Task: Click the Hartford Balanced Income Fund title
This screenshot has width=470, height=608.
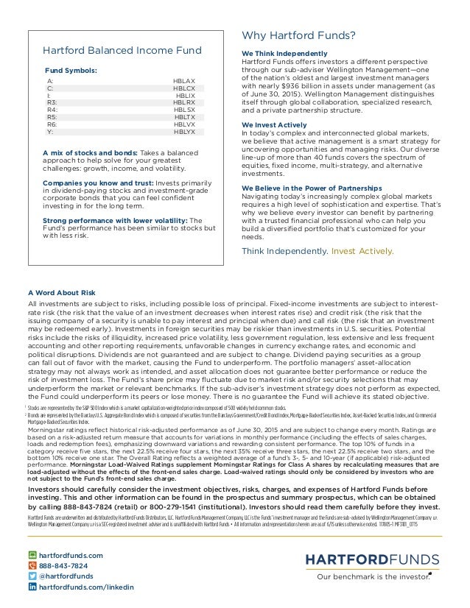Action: (x=122, y=50)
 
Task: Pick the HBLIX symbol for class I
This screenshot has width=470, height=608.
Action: (x=185, y=96)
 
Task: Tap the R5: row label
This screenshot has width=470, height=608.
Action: (x=52, y=117)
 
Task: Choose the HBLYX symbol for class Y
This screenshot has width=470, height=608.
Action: (x=184, y=132)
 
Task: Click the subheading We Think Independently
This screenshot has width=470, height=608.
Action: (x=284, y=54)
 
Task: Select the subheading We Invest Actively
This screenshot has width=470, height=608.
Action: (x=276, y=125)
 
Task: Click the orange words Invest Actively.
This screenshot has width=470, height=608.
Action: (x=362, y=250)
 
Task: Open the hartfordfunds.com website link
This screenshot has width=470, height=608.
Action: (x=71, y=555)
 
